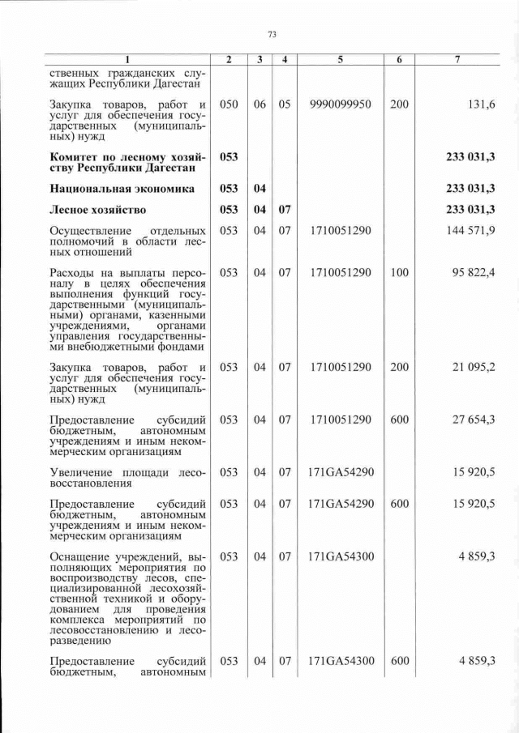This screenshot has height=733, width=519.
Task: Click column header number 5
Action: (x=340, y=60)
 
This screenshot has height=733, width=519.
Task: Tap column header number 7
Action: (x=459, y=60)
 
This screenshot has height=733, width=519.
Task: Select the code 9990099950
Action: (x=340, y=104)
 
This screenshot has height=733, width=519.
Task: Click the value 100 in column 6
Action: (x=399, y=273)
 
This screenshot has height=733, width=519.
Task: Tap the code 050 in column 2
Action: (x=229, y=104)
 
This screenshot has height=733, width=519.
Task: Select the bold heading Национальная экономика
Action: (x=122, y=189)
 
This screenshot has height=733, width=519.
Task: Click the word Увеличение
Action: (x=85, y=471)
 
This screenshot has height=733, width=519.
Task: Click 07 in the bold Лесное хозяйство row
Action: (x=285, y=210)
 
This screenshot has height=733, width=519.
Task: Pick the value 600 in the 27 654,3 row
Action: (x=399, y=419)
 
